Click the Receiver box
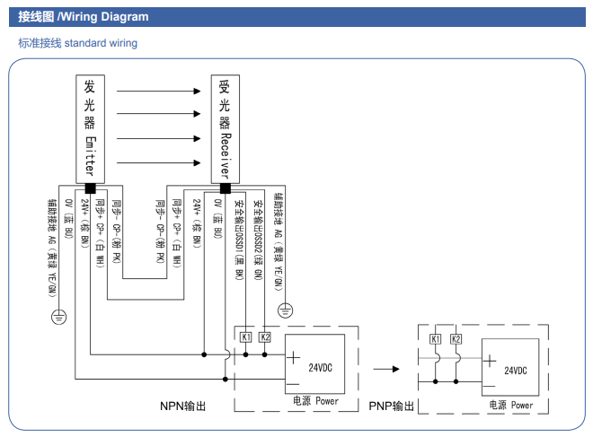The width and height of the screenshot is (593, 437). click(225, 129)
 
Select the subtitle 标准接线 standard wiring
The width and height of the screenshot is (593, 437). click(77, 43)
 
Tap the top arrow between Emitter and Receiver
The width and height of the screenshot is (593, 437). click(157, 92)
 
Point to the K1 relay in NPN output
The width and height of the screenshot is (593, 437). click(245, 336)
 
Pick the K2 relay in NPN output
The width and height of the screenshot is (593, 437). click(264, 336)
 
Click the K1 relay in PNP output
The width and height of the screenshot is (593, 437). click(436, 339)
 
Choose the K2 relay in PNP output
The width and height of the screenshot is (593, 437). click(456, 339)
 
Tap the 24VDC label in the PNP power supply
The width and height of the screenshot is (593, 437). click(516, 370)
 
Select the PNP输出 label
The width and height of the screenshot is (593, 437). click(392, 406)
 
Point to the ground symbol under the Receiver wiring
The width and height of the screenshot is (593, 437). click(285, 310)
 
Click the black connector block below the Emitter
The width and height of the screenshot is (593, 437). click(90, 188)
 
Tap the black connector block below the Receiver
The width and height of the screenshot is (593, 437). click(225, 188)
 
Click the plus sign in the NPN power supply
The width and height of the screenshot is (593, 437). click(295, 356)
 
